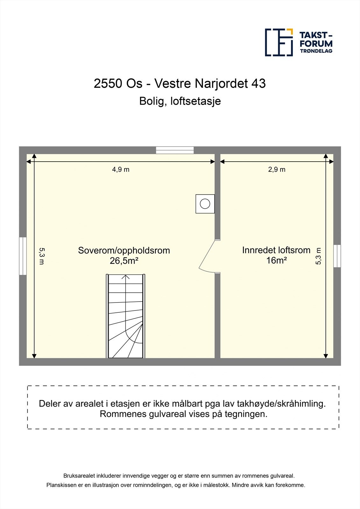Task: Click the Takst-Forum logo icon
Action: (x=279, y=42)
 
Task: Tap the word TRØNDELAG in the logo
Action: (x=316, y=51)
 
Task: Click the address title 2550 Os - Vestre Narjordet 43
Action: (x=180, y=84)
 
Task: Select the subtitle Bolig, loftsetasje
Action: (x=180, y=101)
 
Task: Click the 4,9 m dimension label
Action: (x=121, y=170)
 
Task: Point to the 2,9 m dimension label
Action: (x=277, y=170)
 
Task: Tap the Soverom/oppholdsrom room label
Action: (x=124, y=250)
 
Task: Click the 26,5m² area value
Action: (x=124, y=261)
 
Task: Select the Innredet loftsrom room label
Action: (x=276, y=250)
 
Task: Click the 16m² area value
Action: (x=276, y=261)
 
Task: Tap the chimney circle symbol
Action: (x=205, y=204)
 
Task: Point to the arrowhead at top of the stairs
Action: (x=126, y=277)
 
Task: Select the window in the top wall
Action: (x=175, y=150)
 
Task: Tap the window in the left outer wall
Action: (x=23, y=256)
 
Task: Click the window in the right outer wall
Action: (x=337, y=256)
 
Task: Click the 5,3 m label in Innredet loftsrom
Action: (x=318, y=256)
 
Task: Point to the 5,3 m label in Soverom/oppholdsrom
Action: (x=41, y=256)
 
